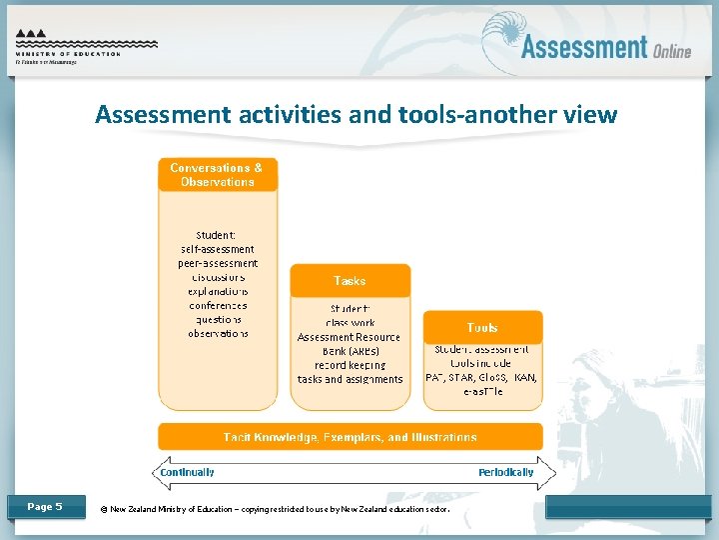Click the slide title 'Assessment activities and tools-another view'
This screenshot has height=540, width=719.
356,115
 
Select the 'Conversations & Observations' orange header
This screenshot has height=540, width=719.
217,175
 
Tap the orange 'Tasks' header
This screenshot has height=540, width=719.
350,281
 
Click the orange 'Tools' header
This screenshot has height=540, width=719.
482,328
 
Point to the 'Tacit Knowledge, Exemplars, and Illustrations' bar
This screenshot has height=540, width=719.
350,437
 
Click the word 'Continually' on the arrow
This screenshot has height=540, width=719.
188,472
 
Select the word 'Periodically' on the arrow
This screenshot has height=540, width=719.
505,472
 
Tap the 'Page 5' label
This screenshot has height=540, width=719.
45,507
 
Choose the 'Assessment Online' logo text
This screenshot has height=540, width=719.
605,47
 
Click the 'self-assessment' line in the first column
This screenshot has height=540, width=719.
217,249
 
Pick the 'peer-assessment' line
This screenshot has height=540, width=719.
218,263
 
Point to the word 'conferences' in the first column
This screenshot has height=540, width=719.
218,305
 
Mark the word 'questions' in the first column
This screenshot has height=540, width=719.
218,319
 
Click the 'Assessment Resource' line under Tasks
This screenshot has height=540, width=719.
350,337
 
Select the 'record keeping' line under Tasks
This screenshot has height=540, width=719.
350,365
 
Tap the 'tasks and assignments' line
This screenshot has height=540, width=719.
350,379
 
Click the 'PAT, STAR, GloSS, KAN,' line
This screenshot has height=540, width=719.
482,377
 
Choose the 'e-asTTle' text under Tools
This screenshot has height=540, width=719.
482,391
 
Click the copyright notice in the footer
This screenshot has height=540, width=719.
275,508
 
